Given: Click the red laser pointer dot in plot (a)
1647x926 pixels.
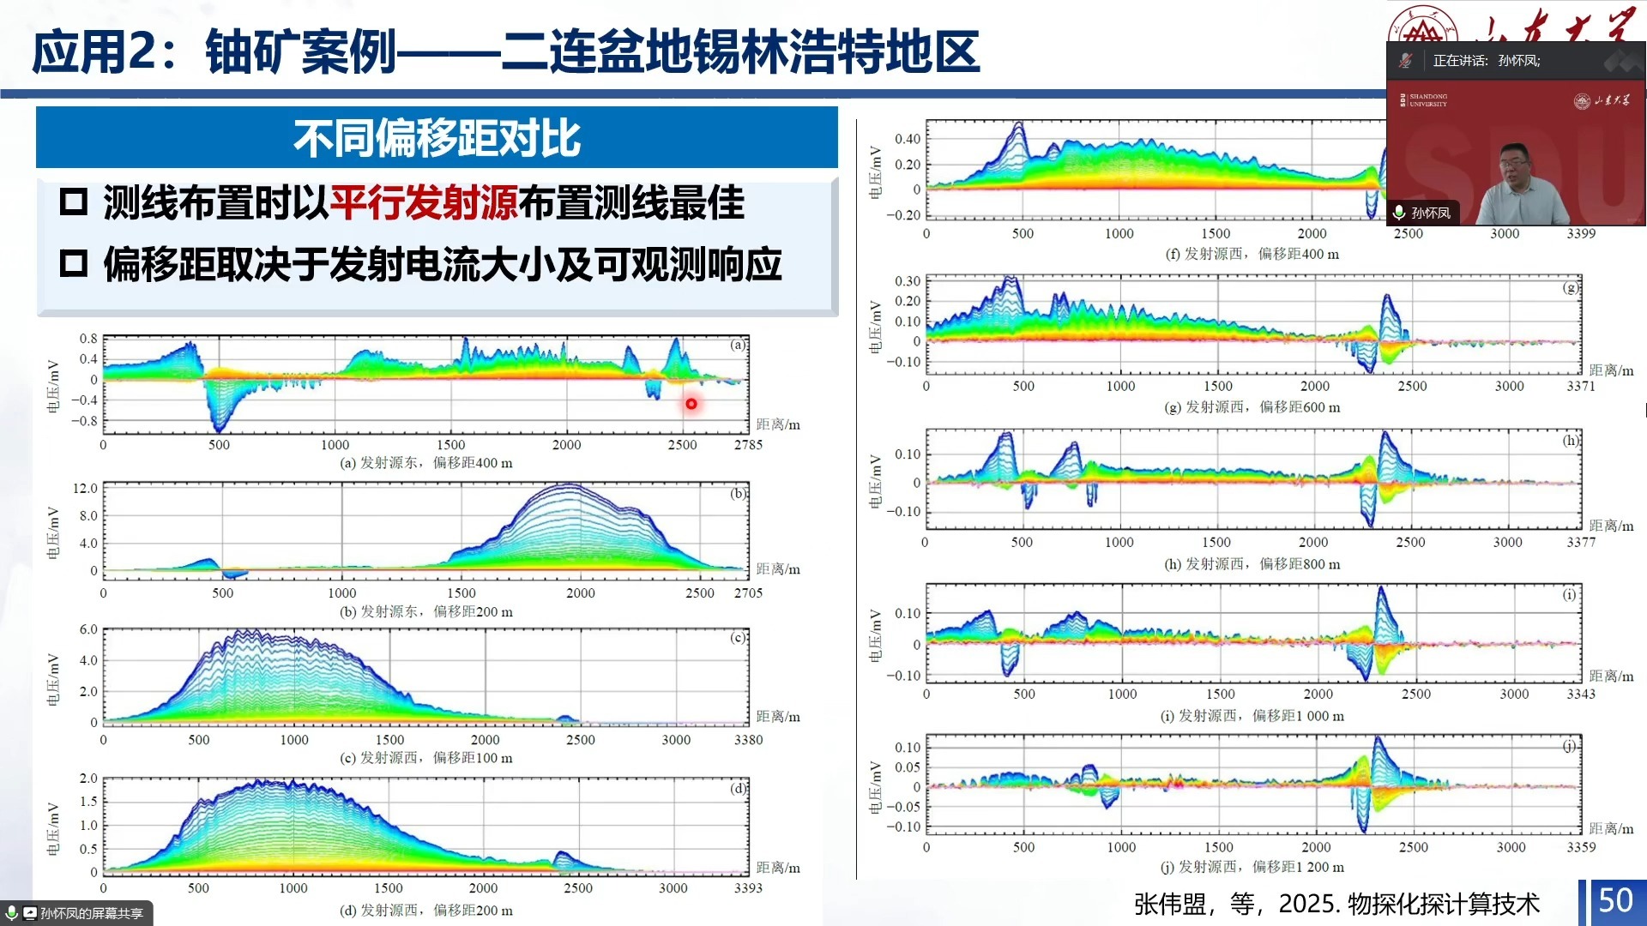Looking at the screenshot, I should click(691, 403).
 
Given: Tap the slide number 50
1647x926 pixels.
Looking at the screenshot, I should click(1615, 900).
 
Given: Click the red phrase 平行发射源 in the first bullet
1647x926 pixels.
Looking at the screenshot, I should click(423, 203).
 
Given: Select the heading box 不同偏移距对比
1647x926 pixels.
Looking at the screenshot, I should click(437, 138).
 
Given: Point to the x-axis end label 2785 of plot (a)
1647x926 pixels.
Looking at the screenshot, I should click(748, 444).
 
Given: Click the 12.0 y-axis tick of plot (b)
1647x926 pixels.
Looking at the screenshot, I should click(85, 488).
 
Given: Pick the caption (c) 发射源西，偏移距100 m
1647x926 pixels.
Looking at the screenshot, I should click(426, 758).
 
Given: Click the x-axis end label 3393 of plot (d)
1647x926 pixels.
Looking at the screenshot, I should click(748, 888).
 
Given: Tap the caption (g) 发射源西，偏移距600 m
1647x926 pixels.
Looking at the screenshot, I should click(1252, 407).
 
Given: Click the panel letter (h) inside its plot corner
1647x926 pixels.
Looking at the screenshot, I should click(1570, 441).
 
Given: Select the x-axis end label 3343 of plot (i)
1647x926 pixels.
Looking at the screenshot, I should click(1580, 694).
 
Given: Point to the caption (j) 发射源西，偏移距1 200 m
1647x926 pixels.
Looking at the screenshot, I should click(1252, 867).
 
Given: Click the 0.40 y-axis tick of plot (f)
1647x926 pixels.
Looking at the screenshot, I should click(908, 139).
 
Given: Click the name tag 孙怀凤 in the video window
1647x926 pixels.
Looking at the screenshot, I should click(1430, 213).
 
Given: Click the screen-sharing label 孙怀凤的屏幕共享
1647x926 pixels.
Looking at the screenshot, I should click(90, 913).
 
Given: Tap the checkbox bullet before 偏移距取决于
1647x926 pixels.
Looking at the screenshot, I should click(74, 263).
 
